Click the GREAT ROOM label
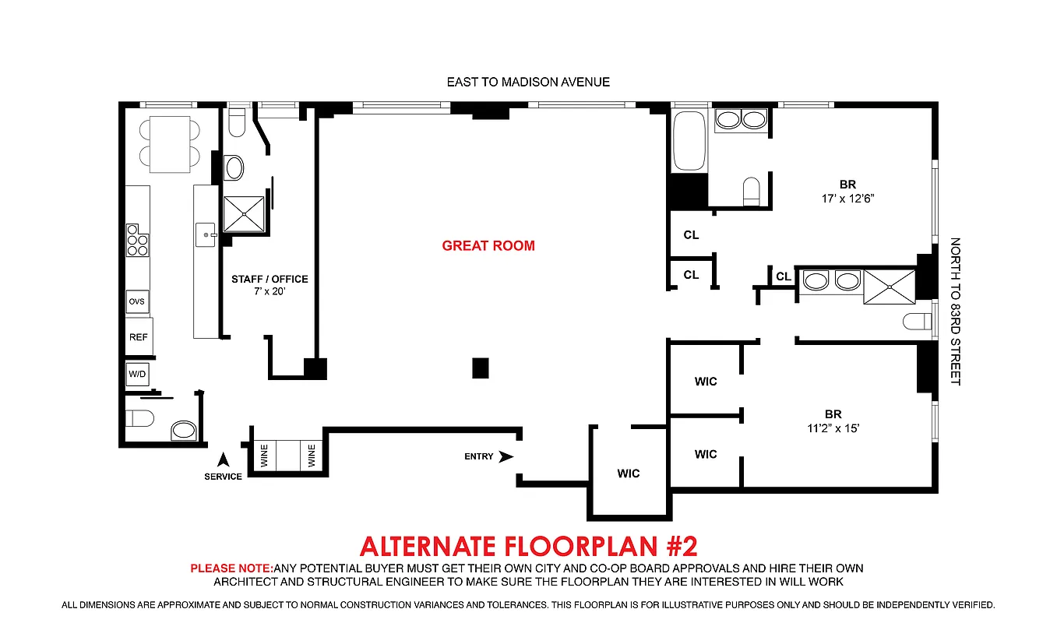(488, 246)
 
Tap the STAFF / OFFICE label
(270, 279)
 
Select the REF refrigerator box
(139, 338)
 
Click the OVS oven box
(138, 301)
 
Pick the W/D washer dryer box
(137, 374)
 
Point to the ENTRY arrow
(506, 456)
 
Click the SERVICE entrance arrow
(223, 459)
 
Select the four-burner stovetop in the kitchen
(137, 240)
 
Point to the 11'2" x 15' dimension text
(833, 428)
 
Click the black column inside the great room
(481, 368)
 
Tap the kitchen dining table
(170, 144)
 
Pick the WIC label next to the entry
(628, 473)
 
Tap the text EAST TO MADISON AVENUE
(528, 82)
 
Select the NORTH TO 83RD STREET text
(956, 311)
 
